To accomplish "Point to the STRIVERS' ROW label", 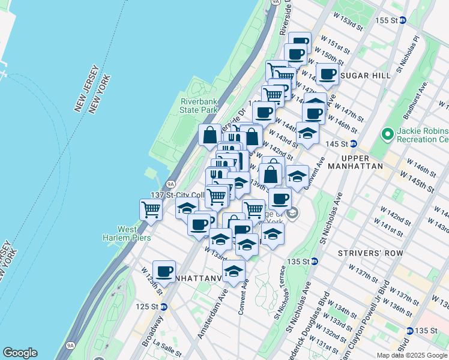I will coord(364,253).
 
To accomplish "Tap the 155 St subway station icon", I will coord(403,20).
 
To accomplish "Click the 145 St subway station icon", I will coord(354,144).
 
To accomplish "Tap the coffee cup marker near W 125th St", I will coord(164,271).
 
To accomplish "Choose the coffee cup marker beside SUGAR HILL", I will coord(327,74).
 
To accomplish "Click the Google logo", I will coord(20,353).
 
